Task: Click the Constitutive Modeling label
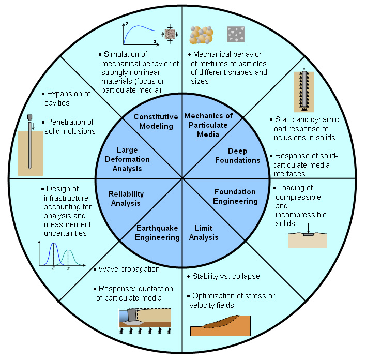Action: click(156, 122)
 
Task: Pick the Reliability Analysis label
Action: click(126, 198)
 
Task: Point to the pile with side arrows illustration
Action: click(304, 91)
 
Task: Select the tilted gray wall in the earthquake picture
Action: click(132, 314)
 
